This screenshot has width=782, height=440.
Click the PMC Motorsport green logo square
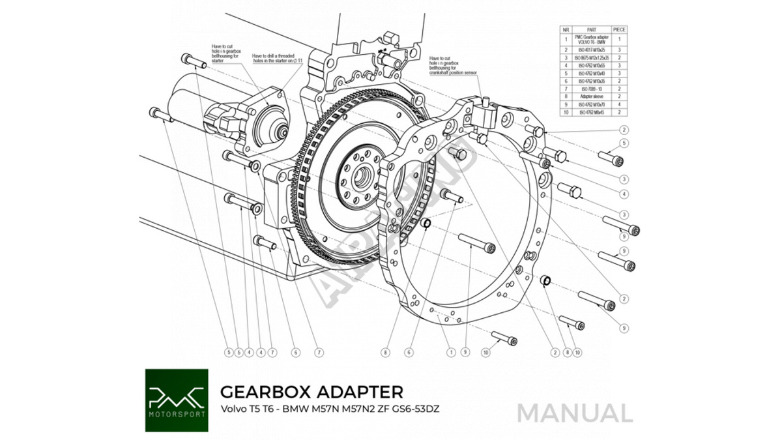point(177,400)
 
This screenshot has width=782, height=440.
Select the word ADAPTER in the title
point(361,392)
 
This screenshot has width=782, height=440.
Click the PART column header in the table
point(591,30)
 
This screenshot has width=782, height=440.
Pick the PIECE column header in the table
point(618,30)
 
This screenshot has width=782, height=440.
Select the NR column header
point(566,30)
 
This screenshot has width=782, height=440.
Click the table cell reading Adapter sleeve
point(591,96)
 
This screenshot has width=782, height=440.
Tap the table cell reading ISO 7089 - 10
point(591,88)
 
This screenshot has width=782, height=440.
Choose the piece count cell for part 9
point(618,104)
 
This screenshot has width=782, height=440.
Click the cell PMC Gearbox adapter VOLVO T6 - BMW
point(591,39)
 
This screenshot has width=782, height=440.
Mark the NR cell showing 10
point(566,112)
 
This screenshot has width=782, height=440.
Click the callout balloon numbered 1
point(450,352)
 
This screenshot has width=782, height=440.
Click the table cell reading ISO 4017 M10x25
point(591,50)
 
